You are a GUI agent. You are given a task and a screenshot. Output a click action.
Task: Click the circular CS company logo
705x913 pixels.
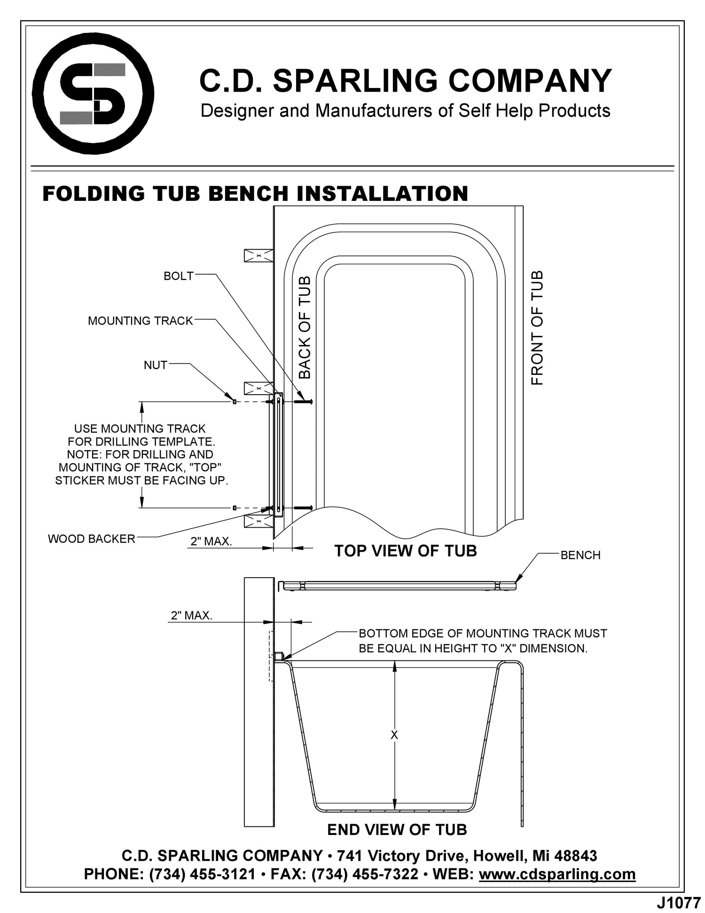click(x=93, y=94)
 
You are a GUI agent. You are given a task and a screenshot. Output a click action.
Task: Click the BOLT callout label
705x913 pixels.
click(x=179, y=276)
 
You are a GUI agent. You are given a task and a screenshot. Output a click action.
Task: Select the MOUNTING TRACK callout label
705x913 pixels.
click(x=141, y=321)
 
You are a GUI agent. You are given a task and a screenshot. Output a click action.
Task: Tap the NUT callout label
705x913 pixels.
click(x=156, y=365)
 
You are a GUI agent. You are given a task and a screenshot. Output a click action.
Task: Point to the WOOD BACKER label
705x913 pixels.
click(x=92, y=539)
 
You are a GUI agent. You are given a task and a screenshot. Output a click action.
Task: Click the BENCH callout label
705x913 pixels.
click(x=580, y=555)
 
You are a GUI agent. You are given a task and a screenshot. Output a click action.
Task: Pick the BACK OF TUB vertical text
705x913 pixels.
click(x=305, y=327)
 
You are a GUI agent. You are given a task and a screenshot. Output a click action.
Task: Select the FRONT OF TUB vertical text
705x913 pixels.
click(x=537, y=328)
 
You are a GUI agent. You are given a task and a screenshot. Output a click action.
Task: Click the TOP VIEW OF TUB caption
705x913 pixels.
click(x=405, y=551)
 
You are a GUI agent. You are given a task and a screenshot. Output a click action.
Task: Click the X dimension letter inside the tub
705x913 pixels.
click(x=394, y=735)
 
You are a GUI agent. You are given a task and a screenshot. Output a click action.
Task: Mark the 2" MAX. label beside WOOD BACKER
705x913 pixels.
click(x=211, y=541)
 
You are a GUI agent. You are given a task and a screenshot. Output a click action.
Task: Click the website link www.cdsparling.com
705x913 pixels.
click(x=557, y=874)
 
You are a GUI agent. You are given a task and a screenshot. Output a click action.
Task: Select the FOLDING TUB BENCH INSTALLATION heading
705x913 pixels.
click(x=255, y=194)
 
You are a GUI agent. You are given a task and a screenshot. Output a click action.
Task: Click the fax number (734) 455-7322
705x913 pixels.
click(x=365, y=874)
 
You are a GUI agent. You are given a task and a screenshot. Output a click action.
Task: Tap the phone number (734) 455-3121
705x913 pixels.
click(x=202, y=874)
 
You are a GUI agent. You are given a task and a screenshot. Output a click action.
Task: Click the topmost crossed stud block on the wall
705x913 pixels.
click(x=258, y=255)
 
